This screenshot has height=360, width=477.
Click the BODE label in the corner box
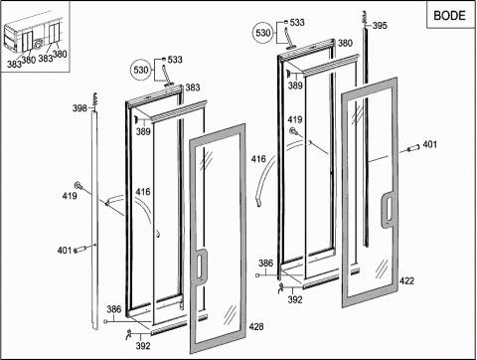[449, 15]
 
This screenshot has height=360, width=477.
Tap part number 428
[256, 326]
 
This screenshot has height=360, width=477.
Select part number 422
[406, 280]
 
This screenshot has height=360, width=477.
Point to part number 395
[380, 25]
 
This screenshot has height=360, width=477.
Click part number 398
[79, 108]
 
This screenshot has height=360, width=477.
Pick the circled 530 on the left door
[141, 70]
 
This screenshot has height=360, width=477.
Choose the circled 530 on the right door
[263, 33]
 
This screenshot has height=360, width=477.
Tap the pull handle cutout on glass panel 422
[388, 210]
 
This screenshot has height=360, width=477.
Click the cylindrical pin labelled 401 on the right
[413, 148]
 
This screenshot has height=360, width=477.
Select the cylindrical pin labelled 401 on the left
[80, 249]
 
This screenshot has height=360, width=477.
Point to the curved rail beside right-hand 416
[265, 179]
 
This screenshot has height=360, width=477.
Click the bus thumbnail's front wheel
[38, 45]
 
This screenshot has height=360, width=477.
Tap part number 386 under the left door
[114, 309]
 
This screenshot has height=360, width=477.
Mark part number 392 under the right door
[295, 299]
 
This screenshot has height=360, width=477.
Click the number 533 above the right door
[297, 23]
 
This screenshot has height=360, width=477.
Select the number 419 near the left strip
[70, 196]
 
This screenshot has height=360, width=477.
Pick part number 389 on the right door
[295, 86]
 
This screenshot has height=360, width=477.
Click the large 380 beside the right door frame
[345, 43]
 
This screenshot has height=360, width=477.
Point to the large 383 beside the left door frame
[193, 88]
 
